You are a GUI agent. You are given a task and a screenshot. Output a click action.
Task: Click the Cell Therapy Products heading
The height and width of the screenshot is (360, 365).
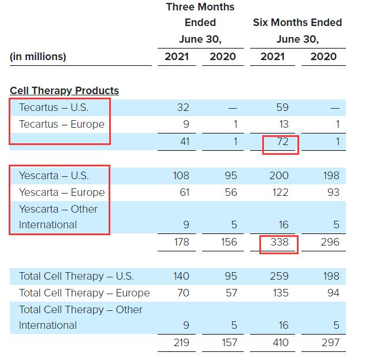point(64,91)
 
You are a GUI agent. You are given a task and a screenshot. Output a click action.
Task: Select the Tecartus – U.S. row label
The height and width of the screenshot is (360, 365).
point(54,107)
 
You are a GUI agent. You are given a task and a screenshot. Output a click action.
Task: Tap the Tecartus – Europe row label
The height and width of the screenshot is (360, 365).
point(62,124)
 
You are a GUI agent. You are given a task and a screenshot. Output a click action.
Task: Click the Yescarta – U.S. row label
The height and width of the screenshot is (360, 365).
point(54,176)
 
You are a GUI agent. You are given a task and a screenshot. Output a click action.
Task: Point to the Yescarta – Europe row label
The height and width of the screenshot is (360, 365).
point(62,192)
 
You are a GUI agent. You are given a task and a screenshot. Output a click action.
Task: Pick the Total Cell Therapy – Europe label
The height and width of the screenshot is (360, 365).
point(84,293)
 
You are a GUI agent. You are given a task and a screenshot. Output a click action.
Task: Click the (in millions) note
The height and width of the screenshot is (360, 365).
point(38,57)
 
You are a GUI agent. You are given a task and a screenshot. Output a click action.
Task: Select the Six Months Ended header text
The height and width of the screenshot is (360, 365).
point(297,23)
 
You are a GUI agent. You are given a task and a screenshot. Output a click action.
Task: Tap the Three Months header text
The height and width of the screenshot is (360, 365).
point(200,7)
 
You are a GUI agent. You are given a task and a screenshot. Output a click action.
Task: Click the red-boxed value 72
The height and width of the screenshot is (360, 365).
point(280,142)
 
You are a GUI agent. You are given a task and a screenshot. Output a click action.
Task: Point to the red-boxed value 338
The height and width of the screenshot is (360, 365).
point(280,242)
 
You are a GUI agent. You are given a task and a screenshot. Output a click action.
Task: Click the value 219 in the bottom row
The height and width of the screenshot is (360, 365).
point(181,343)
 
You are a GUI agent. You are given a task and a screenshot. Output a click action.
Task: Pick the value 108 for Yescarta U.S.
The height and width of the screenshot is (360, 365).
point(181,176)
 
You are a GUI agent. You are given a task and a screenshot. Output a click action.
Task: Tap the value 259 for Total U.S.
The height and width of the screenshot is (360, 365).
point(280,276)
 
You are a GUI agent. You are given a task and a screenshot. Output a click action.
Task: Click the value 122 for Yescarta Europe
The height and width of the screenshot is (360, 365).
point(280,192)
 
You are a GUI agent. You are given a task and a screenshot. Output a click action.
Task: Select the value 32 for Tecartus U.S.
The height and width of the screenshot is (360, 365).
point(184,107)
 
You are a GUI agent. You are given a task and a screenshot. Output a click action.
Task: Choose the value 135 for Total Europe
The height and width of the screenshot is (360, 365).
point(280,293)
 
